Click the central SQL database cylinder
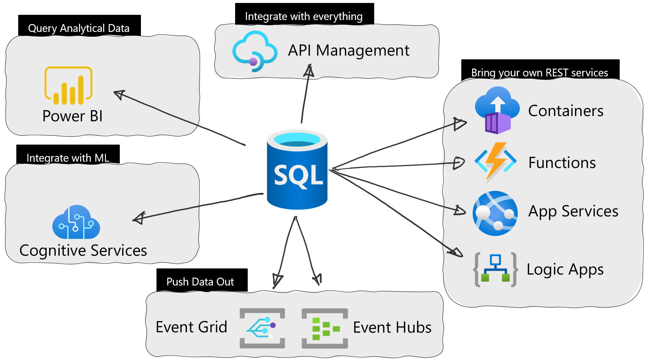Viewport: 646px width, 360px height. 297,170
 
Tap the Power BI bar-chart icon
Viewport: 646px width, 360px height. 69,86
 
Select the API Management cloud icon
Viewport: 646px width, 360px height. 255,51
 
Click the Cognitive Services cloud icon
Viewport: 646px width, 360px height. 76,222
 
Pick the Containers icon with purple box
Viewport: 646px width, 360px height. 497,110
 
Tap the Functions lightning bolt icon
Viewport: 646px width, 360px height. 495,162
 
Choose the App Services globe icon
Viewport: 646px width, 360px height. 495,213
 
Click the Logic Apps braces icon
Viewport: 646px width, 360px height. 495,270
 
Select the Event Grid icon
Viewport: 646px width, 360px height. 262,328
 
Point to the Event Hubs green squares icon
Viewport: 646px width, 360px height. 324,328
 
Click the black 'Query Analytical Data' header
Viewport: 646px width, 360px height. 79,26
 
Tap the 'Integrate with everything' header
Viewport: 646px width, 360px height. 304,14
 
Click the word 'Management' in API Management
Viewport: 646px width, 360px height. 363,50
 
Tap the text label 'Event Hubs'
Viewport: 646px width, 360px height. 392,327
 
